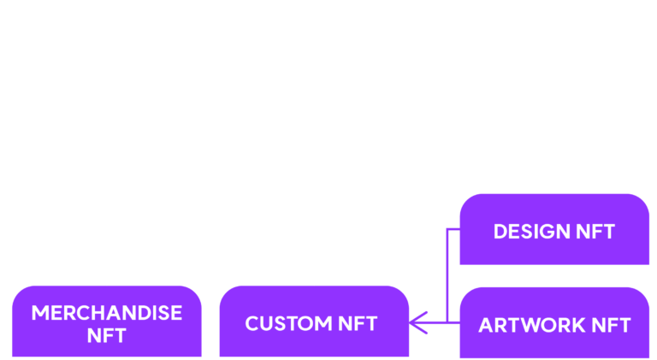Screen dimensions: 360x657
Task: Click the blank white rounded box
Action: tap(109, 38)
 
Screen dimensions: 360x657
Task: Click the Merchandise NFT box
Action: tap(106, 322)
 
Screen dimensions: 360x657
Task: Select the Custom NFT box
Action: tap(314, 322)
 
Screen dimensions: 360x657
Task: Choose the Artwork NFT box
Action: tap(554, 323)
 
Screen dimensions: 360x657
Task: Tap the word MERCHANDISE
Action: tap(106, 312)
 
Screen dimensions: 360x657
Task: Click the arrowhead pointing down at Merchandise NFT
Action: tap(107, 279)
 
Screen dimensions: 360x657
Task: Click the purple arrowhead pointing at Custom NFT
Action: tap(417, 322)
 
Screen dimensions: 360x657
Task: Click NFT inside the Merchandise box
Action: tap(106, 335)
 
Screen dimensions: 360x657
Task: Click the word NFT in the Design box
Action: tap(595, 232)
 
